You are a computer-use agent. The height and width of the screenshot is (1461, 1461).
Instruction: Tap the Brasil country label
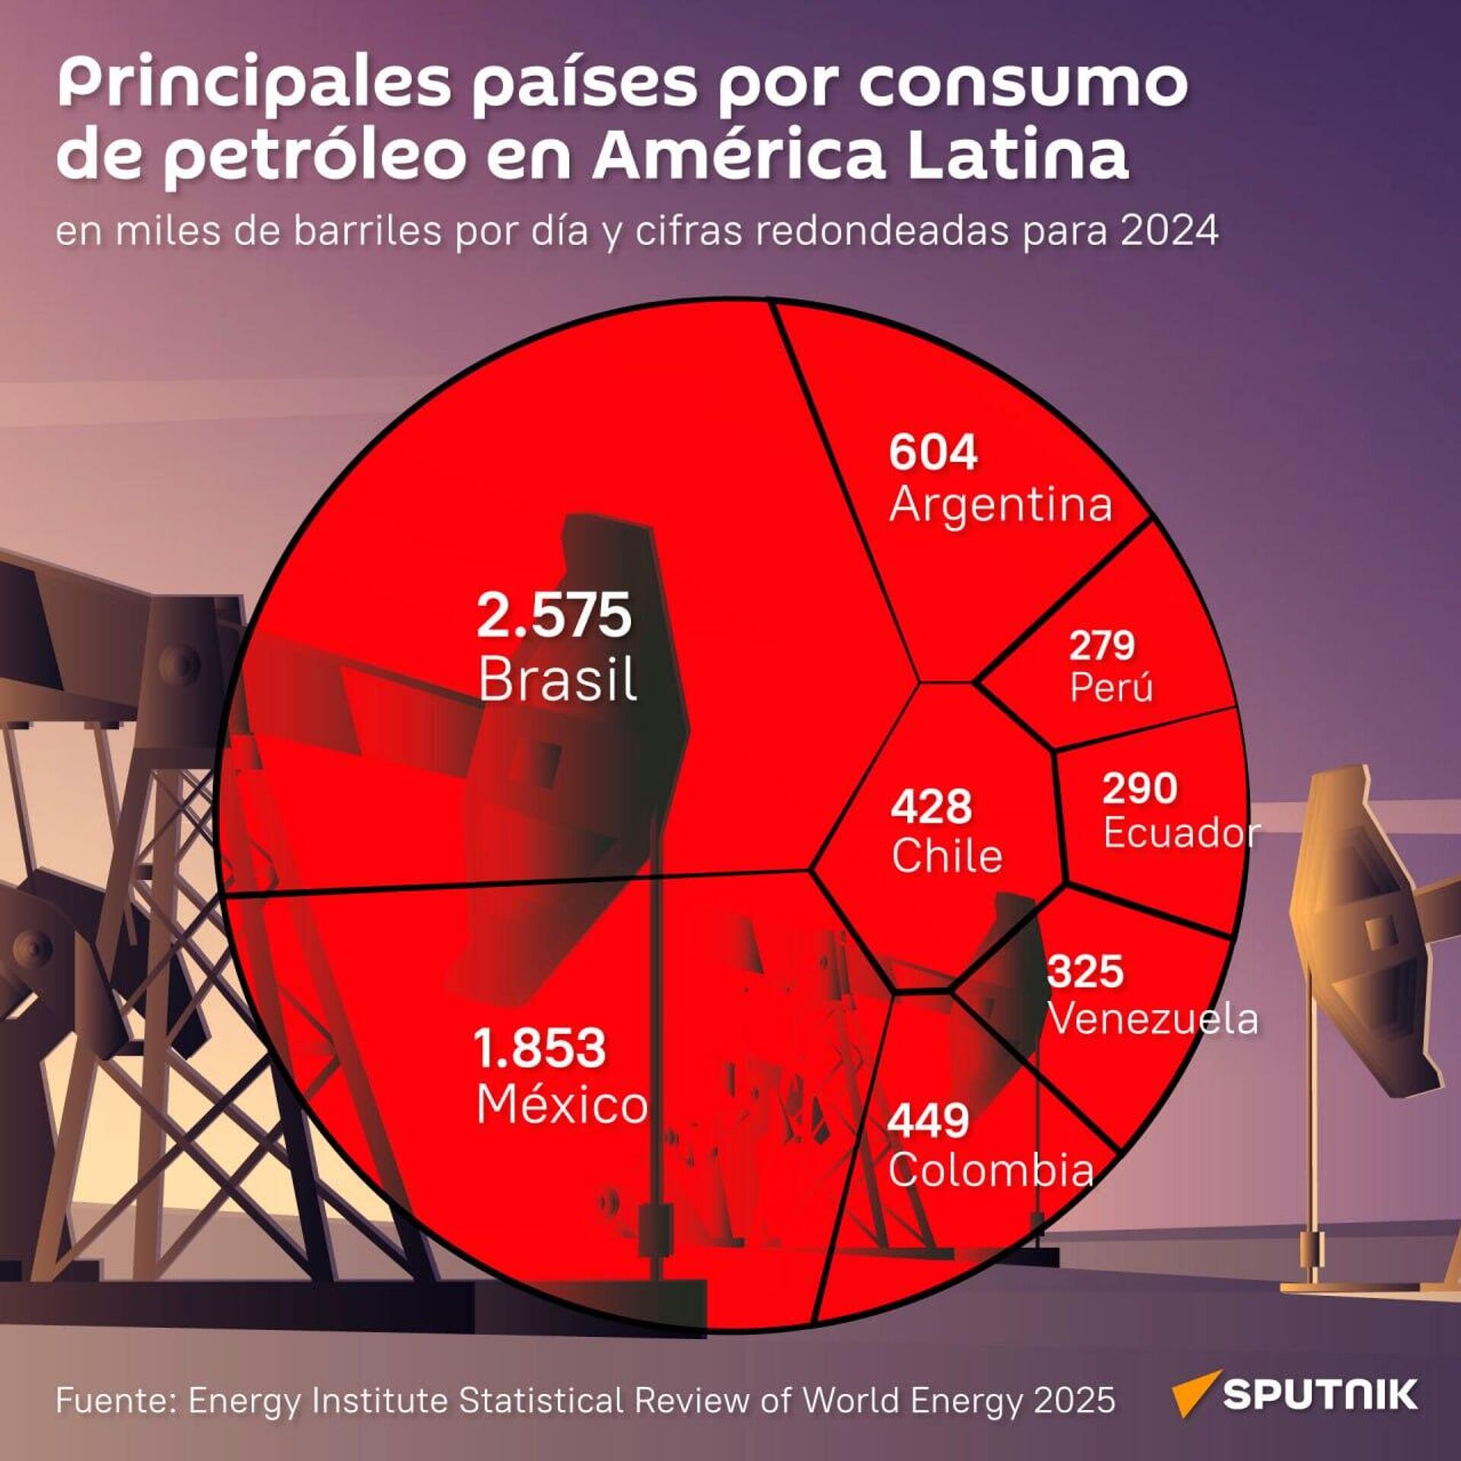click(x=557, y=679)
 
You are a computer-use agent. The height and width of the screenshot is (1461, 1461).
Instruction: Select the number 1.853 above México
click(x=540, y=1047)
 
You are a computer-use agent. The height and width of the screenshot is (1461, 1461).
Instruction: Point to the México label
click(x=562, y=1105)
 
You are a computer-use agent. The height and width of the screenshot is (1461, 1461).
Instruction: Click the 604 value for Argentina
click(x=933, y=453)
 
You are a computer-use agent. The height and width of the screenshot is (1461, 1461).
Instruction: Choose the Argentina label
click(x=1001, y=505)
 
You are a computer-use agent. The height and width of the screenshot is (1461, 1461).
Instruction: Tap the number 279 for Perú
click(x=1101, y=645)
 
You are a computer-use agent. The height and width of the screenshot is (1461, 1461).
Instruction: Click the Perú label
click(x=1111, y=687)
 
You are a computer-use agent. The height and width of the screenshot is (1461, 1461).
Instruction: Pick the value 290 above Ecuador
click(x=1139, y=788)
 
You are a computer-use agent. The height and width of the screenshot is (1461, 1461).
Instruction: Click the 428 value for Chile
click(x=931, y=807)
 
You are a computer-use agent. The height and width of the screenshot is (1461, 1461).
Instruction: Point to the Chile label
click(x=947, y=856)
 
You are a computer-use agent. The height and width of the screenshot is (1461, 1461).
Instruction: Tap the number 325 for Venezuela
click(x=1085, y=972)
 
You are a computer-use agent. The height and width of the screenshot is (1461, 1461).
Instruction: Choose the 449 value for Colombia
click(x=928, y=1120)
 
